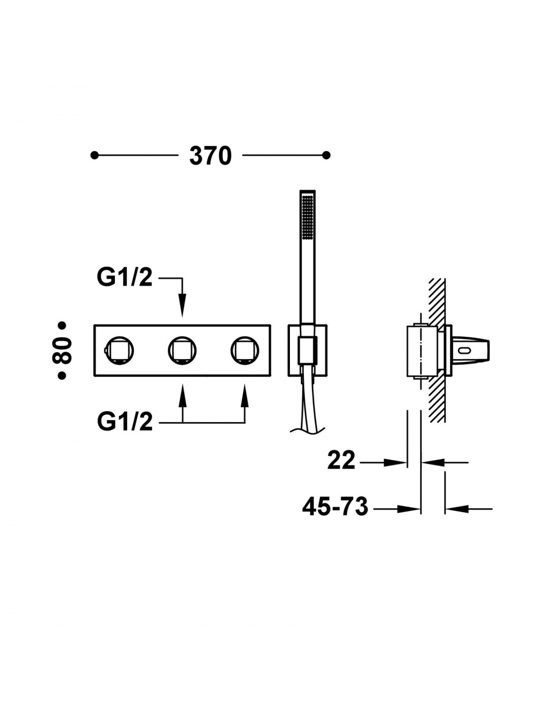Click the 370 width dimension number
(210, 156)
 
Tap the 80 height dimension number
(62, 351)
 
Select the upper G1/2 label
(125, 278)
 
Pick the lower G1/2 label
(125, 423)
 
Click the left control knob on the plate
(119, 351)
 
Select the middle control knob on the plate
(182, 351)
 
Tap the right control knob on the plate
(245, 351)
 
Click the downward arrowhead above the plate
(182, 305)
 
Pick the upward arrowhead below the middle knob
(182, 396)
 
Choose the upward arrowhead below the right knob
(245, 396)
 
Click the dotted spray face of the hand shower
(307, 218)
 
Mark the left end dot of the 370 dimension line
(94, 156)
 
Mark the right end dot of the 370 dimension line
(326, 156)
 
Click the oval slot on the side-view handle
(465, 351)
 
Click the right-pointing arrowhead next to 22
(395, 462)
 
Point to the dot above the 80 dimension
(62, 325)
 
